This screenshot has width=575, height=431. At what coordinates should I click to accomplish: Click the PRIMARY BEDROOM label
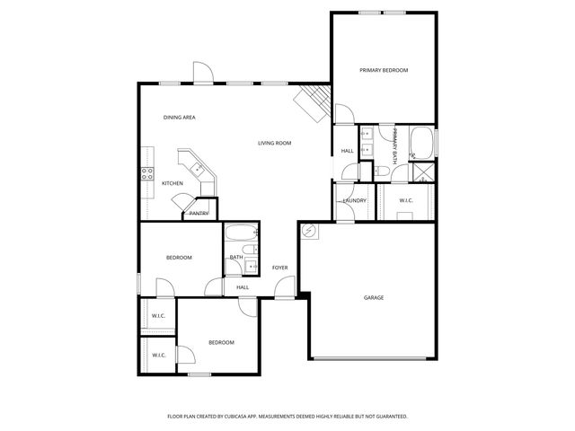(384, 70)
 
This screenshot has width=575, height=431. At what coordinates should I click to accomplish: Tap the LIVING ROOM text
(274, 143)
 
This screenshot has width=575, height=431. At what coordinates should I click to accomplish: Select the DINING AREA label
(180, 118)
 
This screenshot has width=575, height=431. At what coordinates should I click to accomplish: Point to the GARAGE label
(374, 297)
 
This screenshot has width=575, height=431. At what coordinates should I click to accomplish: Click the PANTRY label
(199, 213)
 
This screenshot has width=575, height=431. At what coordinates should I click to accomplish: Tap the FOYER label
(279, 268)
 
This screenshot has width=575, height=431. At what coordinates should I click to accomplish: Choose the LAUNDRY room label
(354, 200)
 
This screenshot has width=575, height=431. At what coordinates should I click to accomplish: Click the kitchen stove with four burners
(146, 174)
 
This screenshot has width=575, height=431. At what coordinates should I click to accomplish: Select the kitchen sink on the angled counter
(194, 167)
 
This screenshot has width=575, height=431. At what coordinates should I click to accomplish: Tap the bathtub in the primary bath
(421, 142)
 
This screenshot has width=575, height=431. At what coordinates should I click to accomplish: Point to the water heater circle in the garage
(308, 231)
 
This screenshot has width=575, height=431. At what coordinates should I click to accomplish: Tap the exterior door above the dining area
(203, 74)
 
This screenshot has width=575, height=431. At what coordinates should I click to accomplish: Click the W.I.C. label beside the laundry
(405, 200)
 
